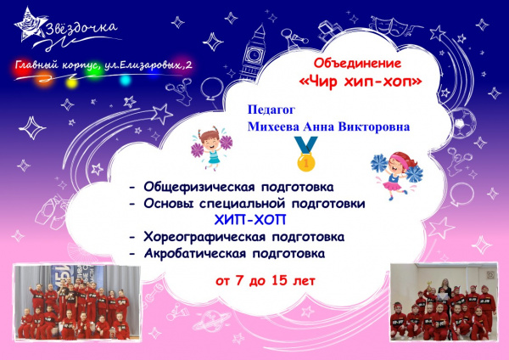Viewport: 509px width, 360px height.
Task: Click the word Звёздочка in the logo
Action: [x=81, y=29]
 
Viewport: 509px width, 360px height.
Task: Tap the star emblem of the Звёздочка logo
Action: [x=30, y=25]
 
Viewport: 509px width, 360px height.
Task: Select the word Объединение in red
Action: [x=358, y=63]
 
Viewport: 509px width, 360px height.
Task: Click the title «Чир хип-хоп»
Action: [x=361, y=82]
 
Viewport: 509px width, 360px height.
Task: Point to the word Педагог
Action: [x=271, y=110]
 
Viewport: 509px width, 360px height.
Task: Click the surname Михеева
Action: [x=272, y=127]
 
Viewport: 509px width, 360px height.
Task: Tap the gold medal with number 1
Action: [x=305, y=154]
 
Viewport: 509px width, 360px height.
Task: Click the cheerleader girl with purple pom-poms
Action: [x=211, y=148]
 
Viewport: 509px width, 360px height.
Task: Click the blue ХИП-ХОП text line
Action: [x=250, y=220]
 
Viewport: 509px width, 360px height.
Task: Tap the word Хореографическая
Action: [x=204, y=237]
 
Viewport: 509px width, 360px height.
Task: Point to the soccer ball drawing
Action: [x=463, y=123]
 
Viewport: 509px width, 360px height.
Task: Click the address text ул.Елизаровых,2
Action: [x=148, y=65]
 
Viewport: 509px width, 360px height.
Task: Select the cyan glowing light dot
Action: [x=126, y=80]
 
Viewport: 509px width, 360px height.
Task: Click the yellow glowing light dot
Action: [x=71, y=82]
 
